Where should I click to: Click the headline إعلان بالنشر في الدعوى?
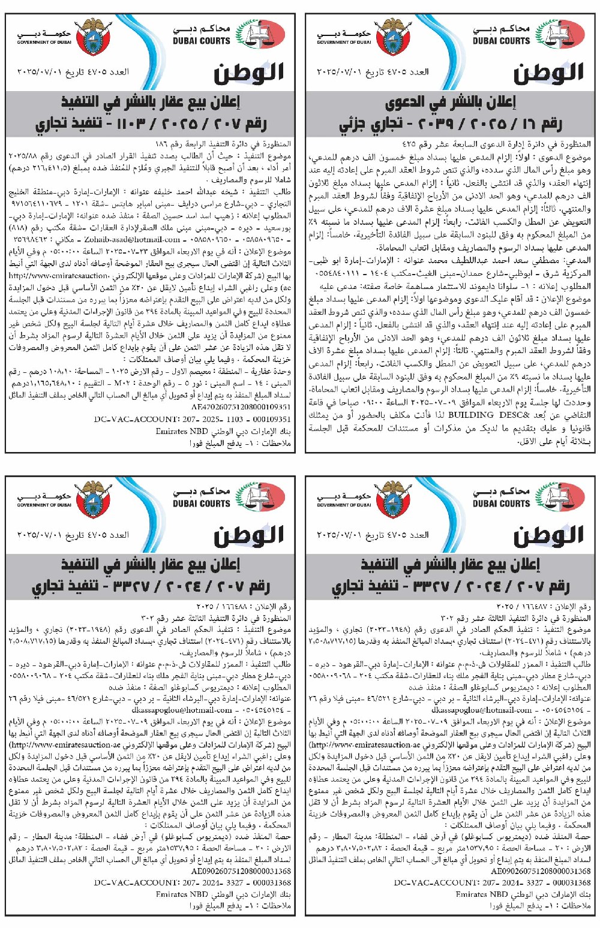(x=451, y=103)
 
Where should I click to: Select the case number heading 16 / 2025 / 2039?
(x=450, y=124)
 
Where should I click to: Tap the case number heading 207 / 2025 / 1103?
(x=151, y=124)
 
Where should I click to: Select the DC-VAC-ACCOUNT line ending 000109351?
(x=192, y=420)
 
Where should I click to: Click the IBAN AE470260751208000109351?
(x=241, y=407)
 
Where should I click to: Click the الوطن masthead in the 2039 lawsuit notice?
(x=548, y=73)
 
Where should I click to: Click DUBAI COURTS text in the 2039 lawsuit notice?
(x=501, y=41)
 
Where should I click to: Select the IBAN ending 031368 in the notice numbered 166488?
(x=241, y=871)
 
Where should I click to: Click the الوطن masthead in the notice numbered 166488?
(x=248, y=535)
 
